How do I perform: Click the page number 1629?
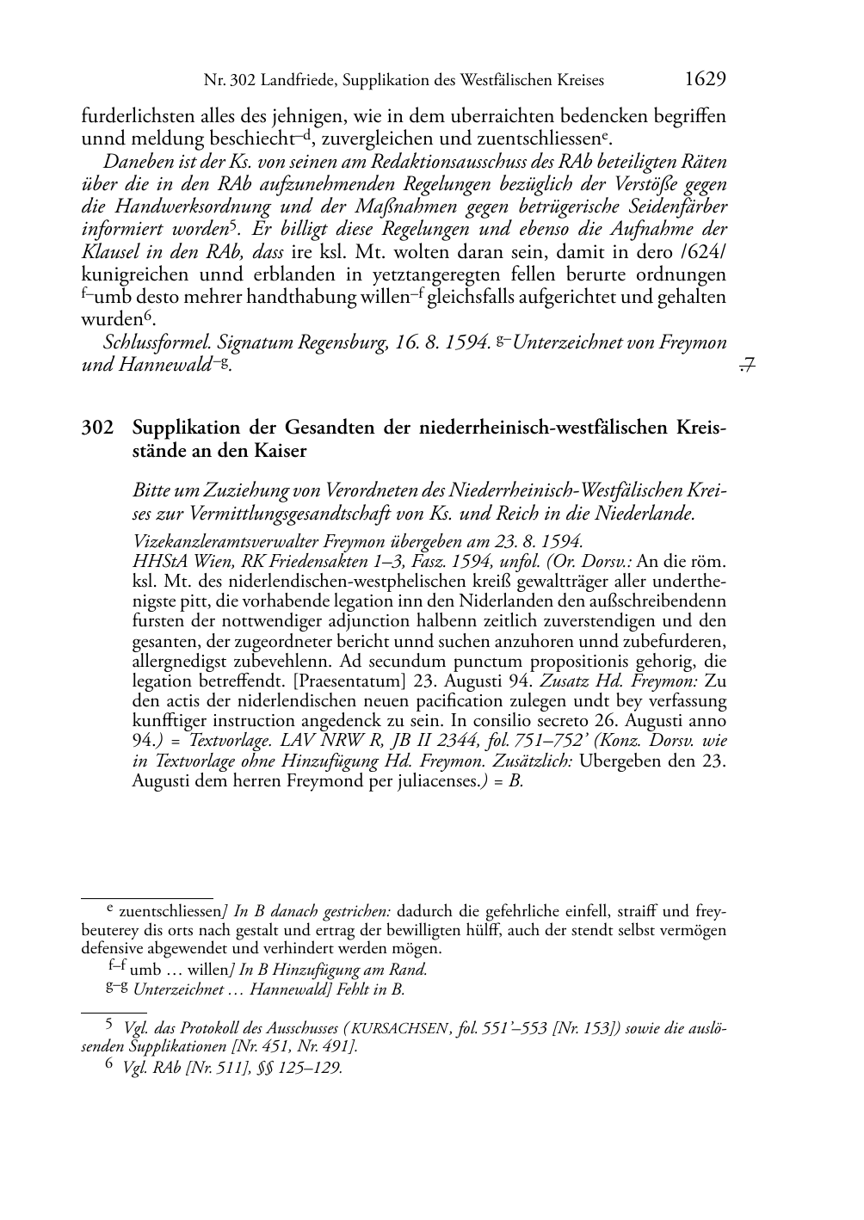(x=706, y=80)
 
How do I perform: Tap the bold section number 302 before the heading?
(x=96, y=428)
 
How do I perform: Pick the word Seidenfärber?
(x=672, y=206)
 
